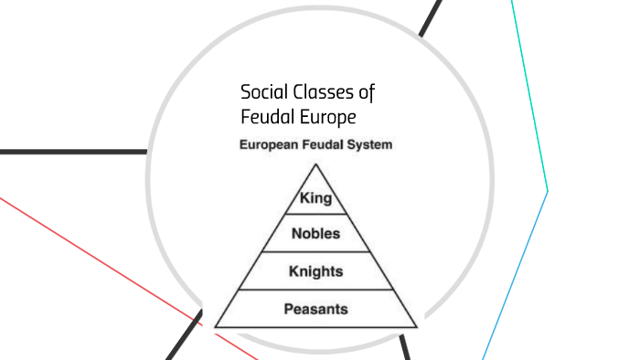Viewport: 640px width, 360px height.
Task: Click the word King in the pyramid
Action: [x=315, y=196]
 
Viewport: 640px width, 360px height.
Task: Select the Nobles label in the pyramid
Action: [x=315, y=234]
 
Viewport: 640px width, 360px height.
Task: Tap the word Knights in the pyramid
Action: [x=315, y=271]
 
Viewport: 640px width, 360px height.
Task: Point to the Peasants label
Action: [x=315, y=309]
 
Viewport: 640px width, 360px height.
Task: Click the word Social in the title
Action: [x=262, y=93]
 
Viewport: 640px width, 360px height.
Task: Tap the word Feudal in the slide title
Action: [x=264, y=118]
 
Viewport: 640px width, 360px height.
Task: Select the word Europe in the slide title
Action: [x=324, y=118]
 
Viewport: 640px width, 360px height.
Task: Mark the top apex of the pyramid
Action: [x=315, y=164]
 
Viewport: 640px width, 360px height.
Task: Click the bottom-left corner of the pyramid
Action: [x=216, y=326]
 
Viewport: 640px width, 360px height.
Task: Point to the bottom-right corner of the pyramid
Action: [x=416, y=326]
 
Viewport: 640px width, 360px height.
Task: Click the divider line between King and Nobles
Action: [x=315, y=214]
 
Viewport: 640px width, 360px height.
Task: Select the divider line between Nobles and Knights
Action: [x=315, y=251]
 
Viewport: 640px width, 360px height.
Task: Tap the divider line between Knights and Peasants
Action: [x=315, y=290]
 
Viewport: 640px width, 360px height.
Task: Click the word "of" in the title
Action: [x=368, y=93]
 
